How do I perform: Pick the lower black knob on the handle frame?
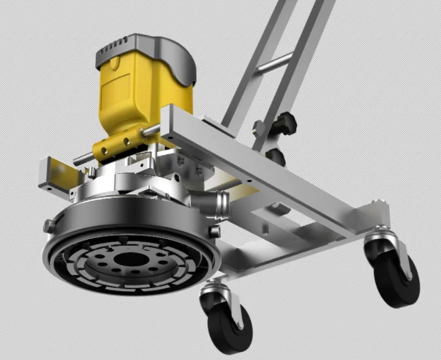click(x=275, y=156)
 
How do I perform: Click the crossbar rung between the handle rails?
click(x=275, y=65)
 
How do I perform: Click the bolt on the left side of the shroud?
click(x=49, y=225)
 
